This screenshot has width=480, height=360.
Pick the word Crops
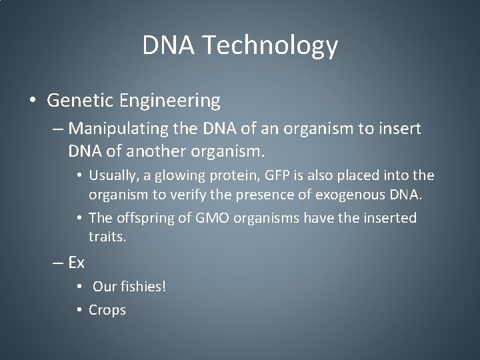(107, 310)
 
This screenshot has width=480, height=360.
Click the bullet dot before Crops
(79, 310)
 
